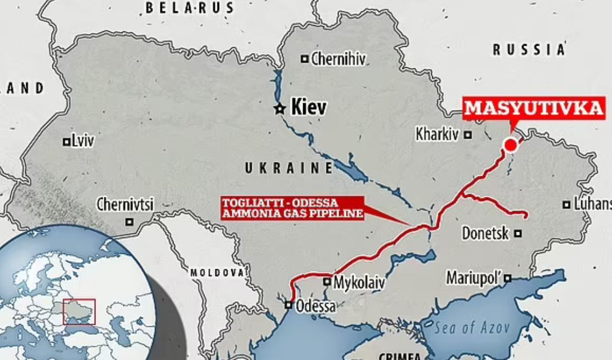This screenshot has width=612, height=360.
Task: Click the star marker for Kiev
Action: click(x=280, y=108)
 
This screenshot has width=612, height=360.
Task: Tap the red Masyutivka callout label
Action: click(x=533, y=108)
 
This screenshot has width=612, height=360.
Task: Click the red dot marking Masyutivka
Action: click(x=510, y=146)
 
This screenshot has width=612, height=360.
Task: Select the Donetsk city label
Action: click(x=485, y=233)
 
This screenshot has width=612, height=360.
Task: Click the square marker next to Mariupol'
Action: click(x=508, y=278)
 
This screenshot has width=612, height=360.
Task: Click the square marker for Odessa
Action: click(x=289, y=305)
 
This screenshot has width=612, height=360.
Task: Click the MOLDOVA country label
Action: click(x=217, y=272)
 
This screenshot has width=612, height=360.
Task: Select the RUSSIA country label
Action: click(x=529, y=50)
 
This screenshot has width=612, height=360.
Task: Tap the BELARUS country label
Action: click(x=190, y=8)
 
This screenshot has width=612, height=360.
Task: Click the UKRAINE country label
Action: click(x=289, y=168)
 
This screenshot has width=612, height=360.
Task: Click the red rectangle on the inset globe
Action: click(x=79, y=312)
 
